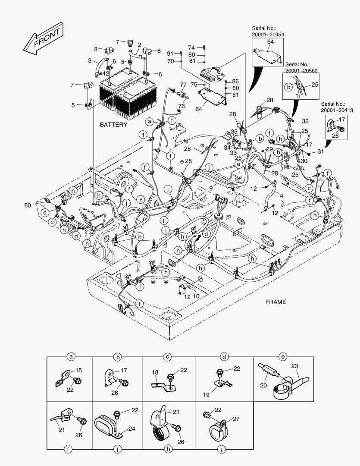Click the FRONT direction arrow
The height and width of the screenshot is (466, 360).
click(x=42, y=40)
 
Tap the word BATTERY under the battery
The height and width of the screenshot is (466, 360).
click(x=113, y=125)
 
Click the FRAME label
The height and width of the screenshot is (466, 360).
click(x=276, y=302)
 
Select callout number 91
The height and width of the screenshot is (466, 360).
click(x=170, y=53)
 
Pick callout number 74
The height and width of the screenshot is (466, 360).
click(x=191, y=47)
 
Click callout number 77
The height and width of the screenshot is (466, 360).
click(x=183, y=85)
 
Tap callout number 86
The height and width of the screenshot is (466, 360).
click(x=235, y=81)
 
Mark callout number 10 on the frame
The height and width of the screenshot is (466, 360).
click(x=196, y=296)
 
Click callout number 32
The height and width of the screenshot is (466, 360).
click(x=305, y=121)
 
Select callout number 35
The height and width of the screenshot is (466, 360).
click(x=234, y=131)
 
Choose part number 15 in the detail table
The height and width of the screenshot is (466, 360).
click(x=79, y=371)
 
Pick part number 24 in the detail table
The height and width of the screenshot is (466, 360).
click(x=131, y=429)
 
